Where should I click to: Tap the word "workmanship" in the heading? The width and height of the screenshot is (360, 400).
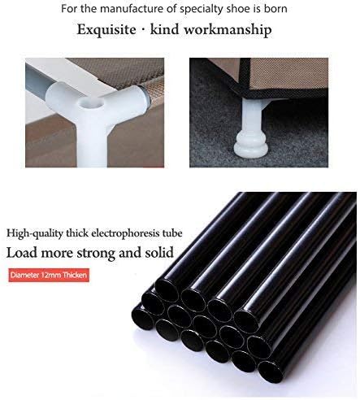229,32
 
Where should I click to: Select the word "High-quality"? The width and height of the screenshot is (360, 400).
37,233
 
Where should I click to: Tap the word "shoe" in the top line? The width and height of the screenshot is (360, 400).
245,9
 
